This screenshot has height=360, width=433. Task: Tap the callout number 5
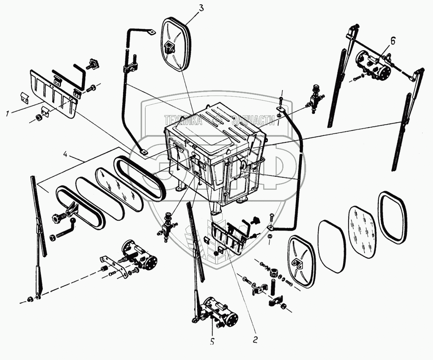(x=212, y=342)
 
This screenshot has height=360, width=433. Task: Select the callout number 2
(x=255, y=339)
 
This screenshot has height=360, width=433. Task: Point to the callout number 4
(x=65, y=155)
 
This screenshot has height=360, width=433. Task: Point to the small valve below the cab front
(x=167, y=225)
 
